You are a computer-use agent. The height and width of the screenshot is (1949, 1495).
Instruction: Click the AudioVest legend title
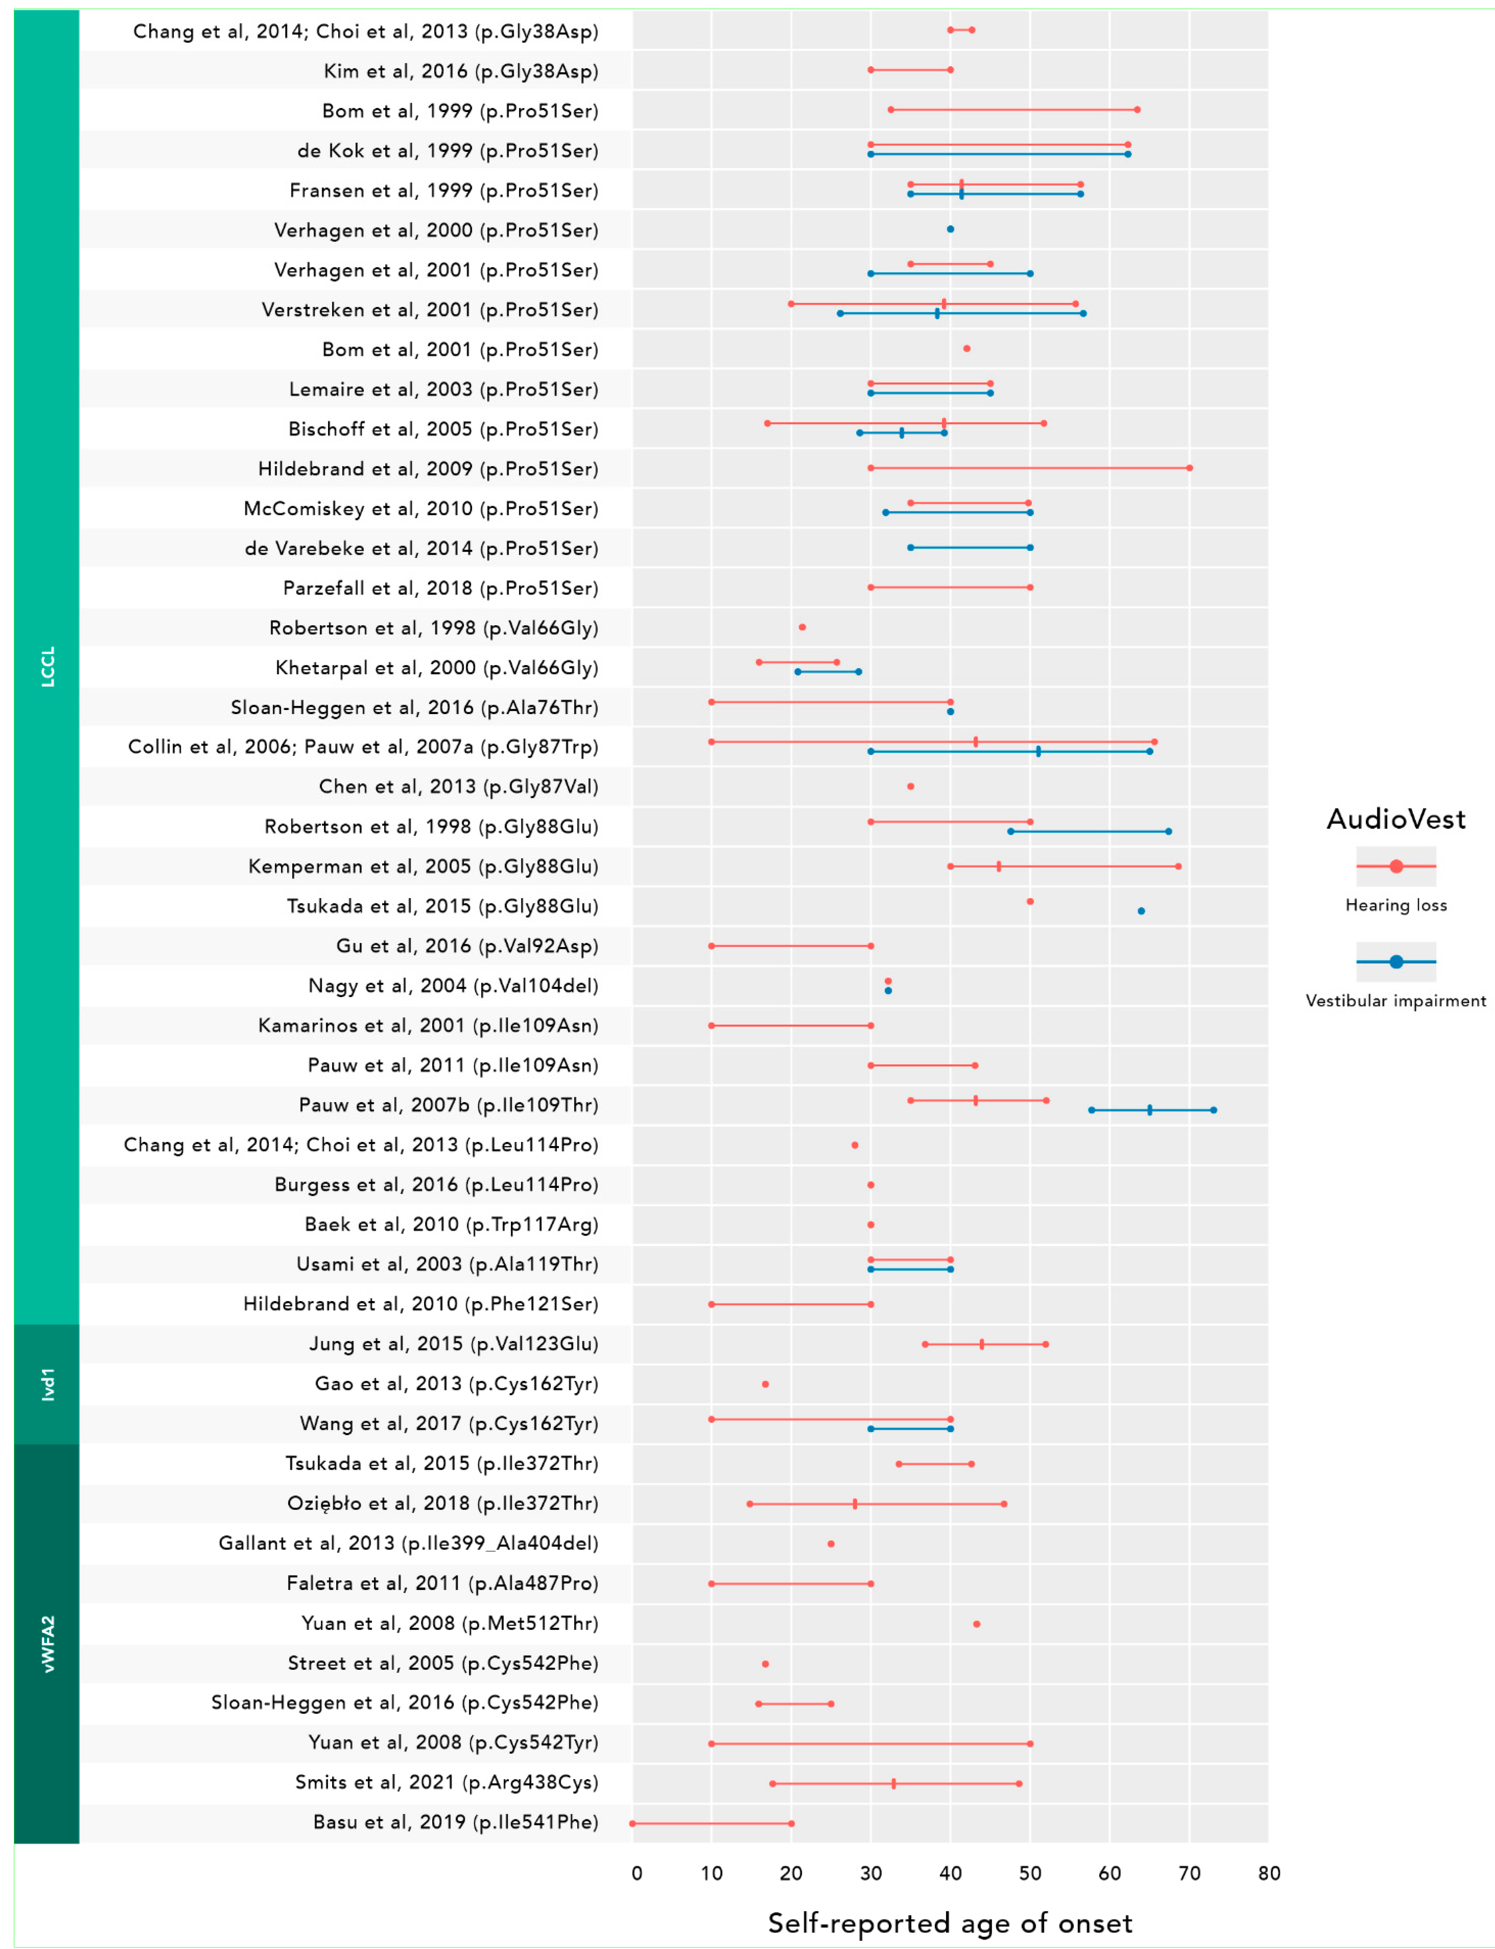[x=1395, y=819]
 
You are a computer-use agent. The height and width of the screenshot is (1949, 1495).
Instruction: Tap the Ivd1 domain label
[x=48, y=1385]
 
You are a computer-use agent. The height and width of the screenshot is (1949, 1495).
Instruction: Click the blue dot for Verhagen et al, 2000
[x=950, y=229]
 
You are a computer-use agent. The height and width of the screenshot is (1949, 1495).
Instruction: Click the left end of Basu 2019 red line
[x=633, y=1823]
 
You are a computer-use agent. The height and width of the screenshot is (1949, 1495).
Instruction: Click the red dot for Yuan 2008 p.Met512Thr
[x=976, y=1624]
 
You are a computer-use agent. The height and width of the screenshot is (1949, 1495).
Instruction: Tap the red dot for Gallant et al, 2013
[x=831, y=1544]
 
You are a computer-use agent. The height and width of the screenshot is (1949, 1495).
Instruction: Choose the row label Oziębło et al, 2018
[x=442, y=1503]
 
